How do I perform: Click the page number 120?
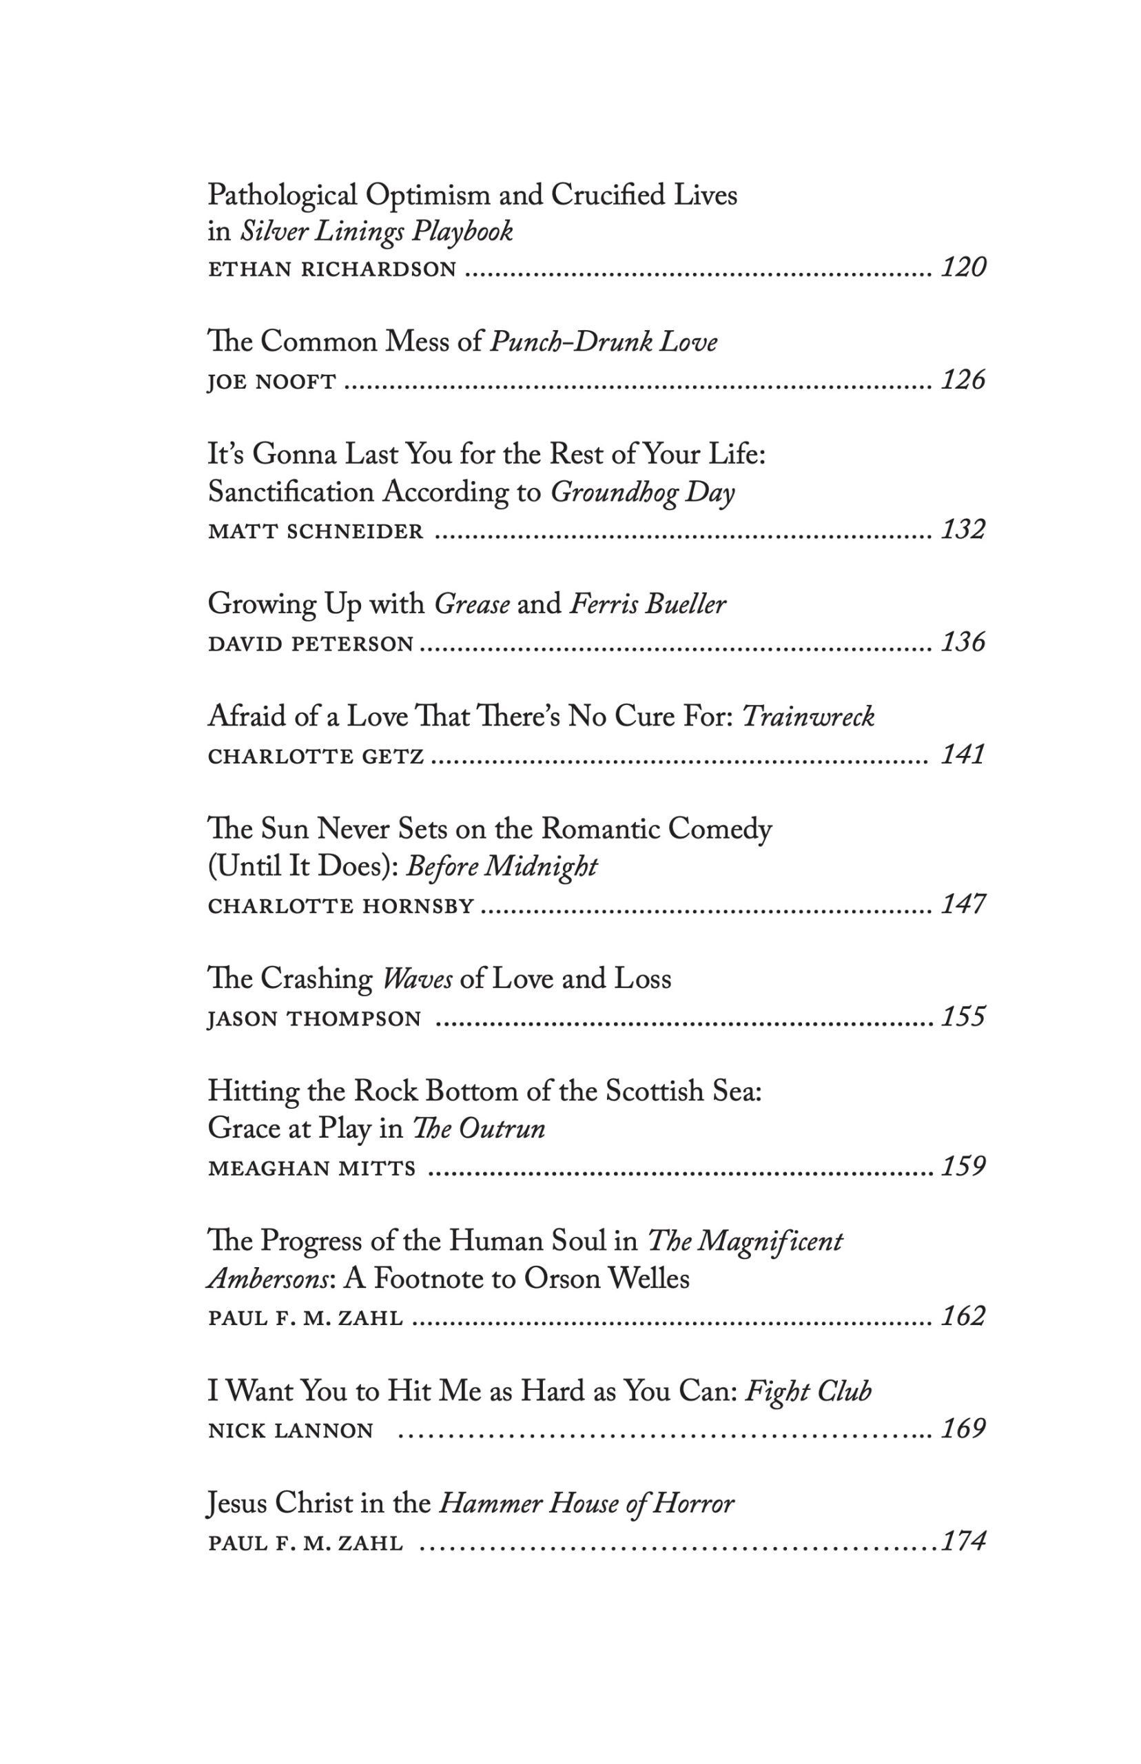tap(963, 267)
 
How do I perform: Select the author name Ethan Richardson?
tap(332, 269)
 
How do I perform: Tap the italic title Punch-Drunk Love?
tap(604, 342)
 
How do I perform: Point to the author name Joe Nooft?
tap(272, 382)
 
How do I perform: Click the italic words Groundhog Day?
tap(642, 493)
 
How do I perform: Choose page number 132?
tap(963, 530)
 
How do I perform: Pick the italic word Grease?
tap(472, 604)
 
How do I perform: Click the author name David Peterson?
tap(311, 644)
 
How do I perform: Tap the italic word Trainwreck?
tap(808, 717)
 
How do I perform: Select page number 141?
tap(963, 755)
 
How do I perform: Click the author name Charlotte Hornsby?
tap(341, 906)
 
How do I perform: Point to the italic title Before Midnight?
tap(502, 866)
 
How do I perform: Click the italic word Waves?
tap(417, 979)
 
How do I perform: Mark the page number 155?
tap(963, 1016)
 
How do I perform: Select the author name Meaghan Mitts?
tap(312, 1169)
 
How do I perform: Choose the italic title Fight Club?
tap(808, 1391)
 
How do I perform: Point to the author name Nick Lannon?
tap(291, 1430)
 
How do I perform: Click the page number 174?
tap(963, 1541)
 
